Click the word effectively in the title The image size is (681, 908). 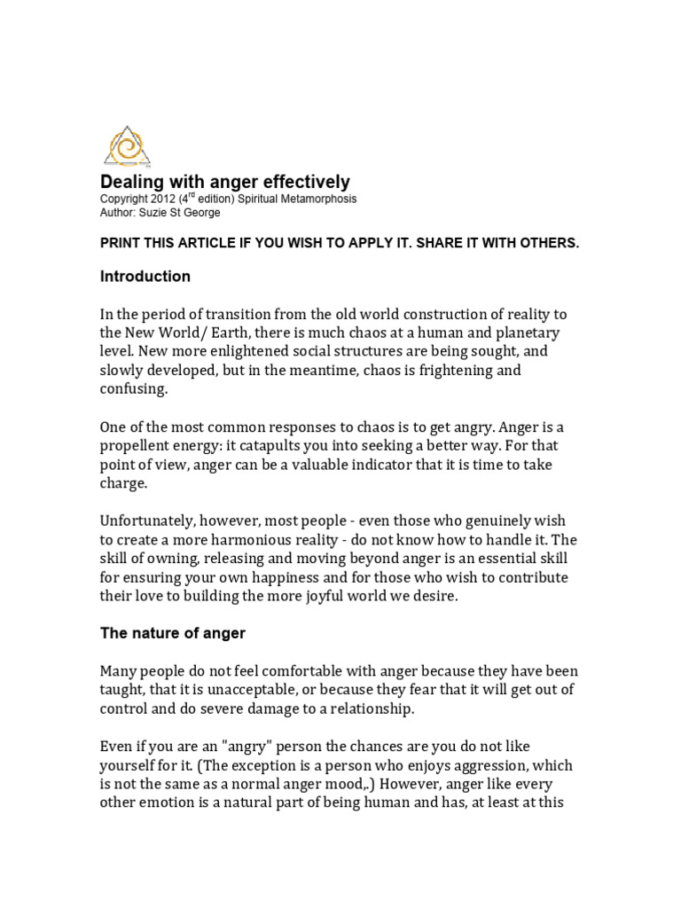point(301,183)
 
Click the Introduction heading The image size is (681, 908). point(145,277)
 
